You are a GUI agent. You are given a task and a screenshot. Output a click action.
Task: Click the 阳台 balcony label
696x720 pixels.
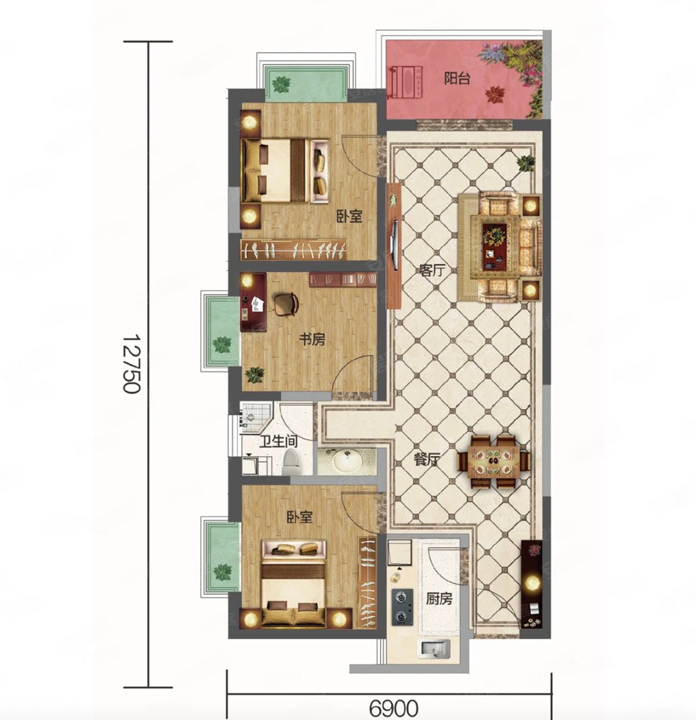click(x=457, y=79)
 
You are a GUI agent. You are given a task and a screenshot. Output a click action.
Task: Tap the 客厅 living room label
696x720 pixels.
click(x=432, y=270)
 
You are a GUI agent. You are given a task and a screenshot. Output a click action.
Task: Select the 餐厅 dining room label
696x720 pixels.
click(x=427, y=460)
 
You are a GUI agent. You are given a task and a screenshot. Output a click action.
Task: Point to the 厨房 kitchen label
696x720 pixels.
click(x=439, y=598)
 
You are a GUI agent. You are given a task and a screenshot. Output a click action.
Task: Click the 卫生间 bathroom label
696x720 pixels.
click(x=278, y=441)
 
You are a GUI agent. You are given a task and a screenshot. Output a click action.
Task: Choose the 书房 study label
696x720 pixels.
click(x=312, y=339)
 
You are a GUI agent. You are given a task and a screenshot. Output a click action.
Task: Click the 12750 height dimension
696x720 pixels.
click(x=132, y=363)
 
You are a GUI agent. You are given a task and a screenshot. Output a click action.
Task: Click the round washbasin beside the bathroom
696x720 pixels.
click(x=347, y=461)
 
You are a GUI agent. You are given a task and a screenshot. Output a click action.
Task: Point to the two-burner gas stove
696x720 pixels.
click(x=402, y=607)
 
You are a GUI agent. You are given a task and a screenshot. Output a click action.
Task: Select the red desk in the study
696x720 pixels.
click(x=253, y=302)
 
